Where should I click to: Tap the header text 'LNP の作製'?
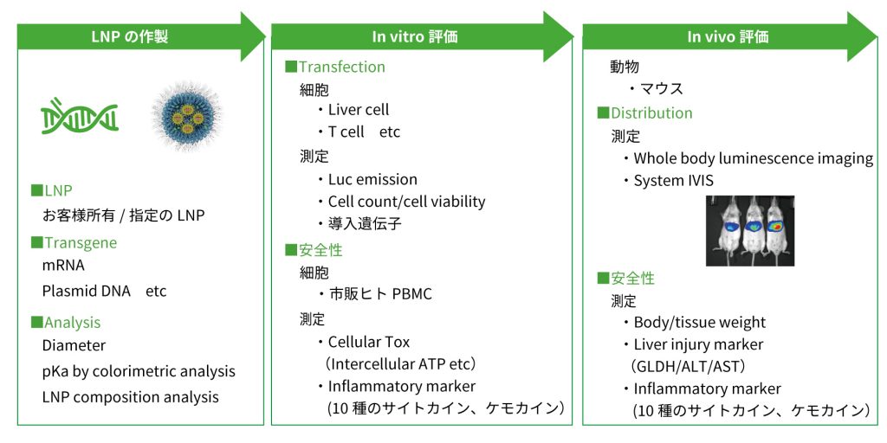pyautogui.click(x=130, y=36)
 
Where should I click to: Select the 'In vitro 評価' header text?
pyautogui.click(x=415, y=36)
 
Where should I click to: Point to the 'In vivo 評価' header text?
pyautogui.click(x=728, y=36)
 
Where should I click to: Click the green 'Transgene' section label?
pyautogui.click(x=80, y=243)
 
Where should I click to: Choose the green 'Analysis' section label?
pyautogui.click(x=72, y=323)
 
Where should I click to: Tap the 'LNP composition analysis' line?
pyautogui.click(x=130, y=397)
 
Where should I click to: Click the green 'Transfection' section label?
pyautogui.click(x=341, y=67)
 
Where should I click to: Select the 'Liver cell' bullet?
pyautogui.click(x=358, y=110)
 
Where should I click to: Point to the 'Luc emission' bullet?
pyautogui.click(x=372, y=179)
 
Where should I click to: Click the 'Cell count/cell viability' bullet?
pyautogui.click(x=406, y=202)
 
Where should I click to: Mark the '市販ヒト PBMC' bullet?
pyautogui.click(x=379, y=294)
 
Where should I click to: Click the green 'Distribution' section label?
pyautogui.click(x=651, y=113)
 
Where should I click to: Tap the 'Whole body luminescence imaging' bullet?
pyautogui.click(x=753, y=158)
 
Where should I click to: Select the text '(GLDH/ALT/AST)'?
pyautogui.click(x=689, y=366)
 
